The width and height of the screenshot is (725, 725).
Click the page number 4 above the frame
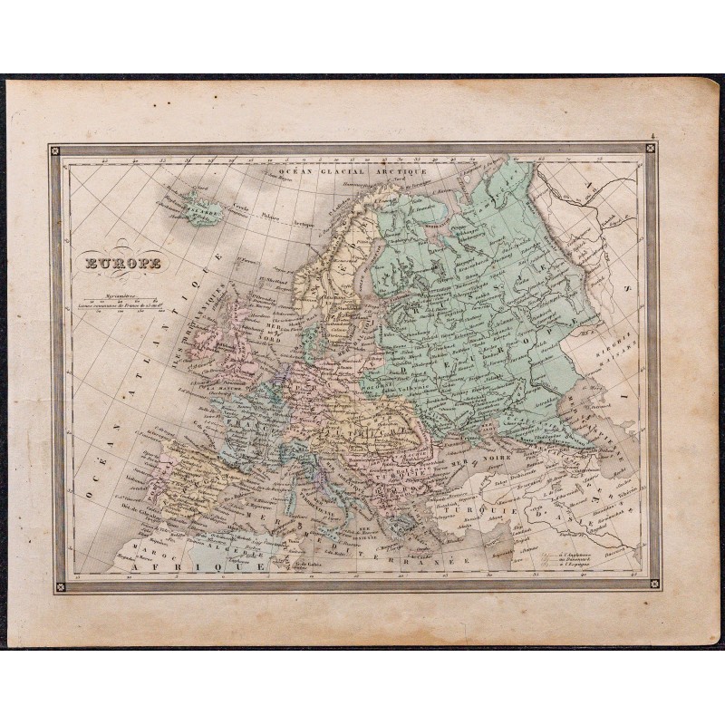coord(652,139)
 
